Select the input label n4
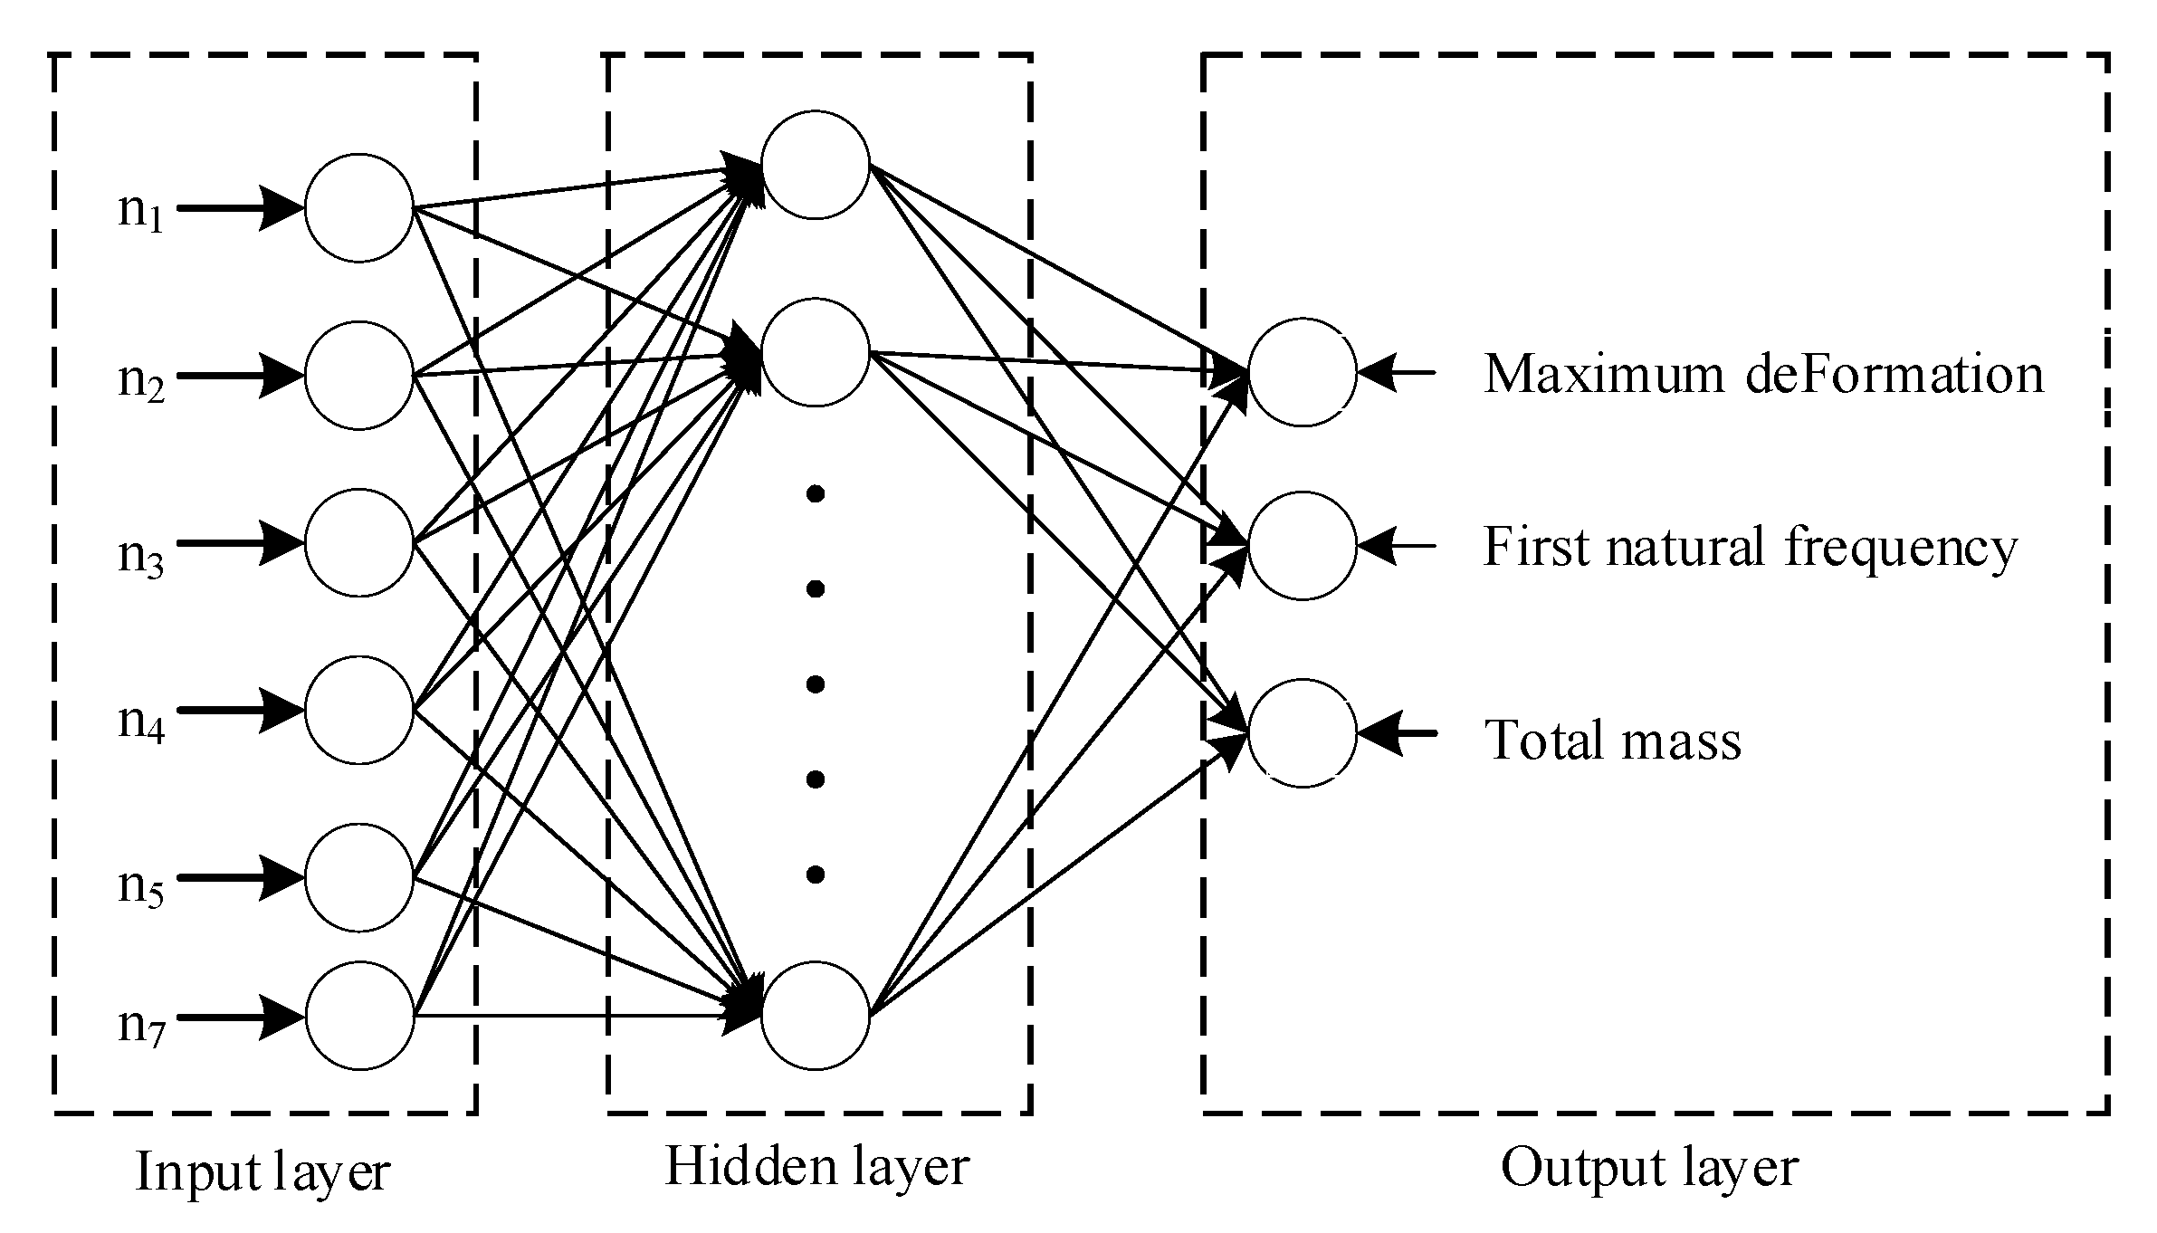click(140, 722)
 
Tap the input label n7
click(140, 1027)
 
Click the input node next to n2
click(358, 375)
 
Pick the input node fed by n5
click(358, 877)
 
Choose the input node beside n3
click(358, 543)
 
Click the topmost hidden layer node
click(815, 165)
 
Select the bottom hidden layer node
click(815, 1014)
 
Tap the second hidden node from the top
click(815, 352)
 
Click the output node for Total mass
click(1302, 732)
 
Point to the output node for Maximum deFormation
click(1302, 371)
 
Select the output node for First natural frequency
click(1302, 545)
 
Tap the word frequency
click(1901, 549)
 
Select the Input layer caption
click(262, 1173)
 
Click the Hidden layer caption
click(816, 1167)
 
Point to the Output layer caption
click(1649, 1169)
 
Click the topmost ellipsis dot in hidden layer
click(815, 494)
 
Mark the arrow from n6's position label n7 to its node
click(240, 1017)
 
